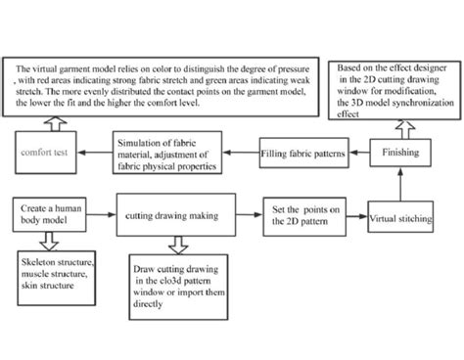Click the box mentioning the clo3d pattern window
(x=184, y=284)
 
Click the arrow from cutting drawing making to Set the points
(x=245, y=212)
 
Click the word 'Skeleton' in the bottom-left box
(x=40, y=262)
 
